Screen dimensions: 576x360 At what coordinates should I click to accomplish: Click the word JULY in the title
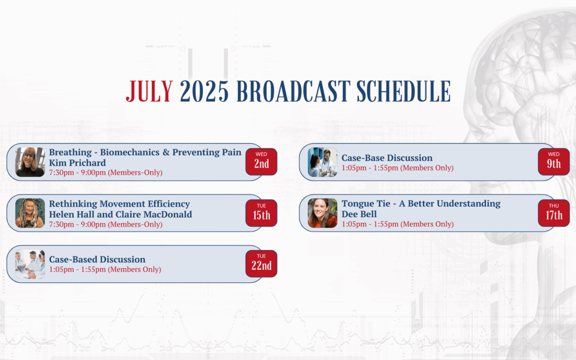(149, 91)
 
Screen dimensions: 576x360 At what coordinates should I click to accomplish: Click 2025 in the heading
(204, 91)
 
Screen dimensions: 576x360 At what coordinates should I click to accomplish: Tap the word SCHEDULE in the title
(403, 91)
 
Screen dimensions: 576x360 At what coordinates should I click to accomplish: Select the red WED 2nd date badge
(261, 162)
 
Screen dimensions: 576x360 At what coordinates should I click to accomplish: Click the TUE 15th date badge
(261, 213)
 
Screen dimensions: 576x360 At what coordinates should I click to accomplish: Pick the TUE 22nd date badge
(261, 264)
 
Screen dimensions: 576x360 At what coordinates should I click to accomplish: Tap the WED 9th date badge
(554, 162)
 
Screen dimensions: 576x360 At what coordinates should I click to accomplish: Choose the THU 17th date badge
(554, 213)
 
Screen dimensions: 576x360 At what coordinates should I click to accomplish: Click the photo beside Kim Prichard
(30, 162)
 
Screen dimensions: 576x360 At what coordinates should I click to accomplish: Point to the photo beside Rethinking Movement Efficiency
(30, 213)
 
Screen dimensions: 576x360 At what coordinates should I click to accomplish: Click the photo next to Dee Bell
(323, 213)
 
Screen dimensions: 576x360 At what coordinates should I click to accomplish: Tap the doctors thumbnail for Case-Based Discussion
(30, 264)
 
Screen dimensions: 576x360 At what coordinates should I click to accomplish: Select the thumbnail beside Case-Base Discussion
(323, 162)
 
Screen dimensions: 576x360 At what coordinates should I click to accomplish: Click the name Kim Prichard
(77, 163)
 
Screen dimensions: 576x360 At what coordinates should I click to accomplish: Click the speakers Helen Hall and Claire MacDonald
(121, 214)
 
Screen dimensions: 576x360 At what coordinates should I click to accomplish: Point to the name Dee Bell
(359, 214)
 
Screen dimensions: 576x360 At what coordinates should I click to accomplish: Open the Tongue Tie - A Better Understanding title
(421, 204)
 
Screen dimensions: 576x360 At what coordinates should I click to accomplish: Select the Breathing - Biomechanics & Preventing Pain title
(145, 153)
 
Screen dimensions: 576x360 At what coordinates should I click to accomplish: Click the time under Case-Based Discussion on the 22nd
(105, 269)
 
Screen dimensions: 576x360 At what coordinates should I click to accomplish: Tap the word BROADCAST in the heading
(293, 91)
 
